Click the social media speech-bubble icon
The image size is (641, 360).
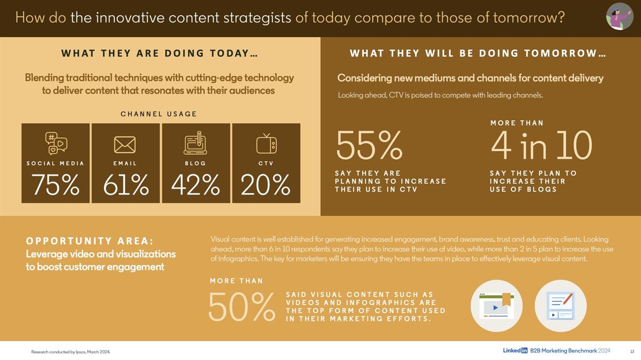coord(56,144)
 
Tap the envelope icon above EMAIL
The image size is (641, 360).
coord(125,144)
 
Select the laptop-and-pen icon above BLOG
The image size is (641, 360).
coord(195,143)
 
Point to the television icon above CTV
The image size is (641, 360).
coord(266,144)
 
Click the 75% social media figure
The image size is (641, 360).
coord(56,185)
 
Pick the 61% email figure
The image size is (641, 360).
coord(126,185)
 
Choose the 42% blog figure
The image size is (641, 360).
coord(196,185)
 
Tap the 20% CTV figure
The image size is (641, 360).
coord(266,185)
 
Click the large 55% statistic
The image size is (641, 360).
coord(369,145)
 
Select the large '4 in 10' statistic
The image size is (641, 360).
coord(541,145)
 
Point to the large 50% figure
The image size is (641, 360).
coord(242,307)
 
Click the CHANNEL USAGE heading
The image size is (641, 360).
coord(159,114)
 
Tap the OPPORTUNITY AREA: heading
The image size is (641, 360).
coord(90,241)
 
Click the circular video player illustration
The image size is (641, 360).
coord(497,306)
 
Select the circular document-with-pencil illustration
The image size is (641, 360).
coord(561,306)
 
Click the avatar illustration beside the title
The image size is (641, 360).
coord(619,16)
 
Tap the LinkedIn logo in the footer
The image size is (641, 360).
coord(515,351)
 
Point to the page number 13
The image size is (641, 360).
coord(632,352)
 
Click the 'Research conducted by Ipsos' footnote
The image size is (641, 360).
coord(71,352)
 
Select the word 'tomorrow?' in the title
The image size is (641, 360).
coord(529,17)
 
